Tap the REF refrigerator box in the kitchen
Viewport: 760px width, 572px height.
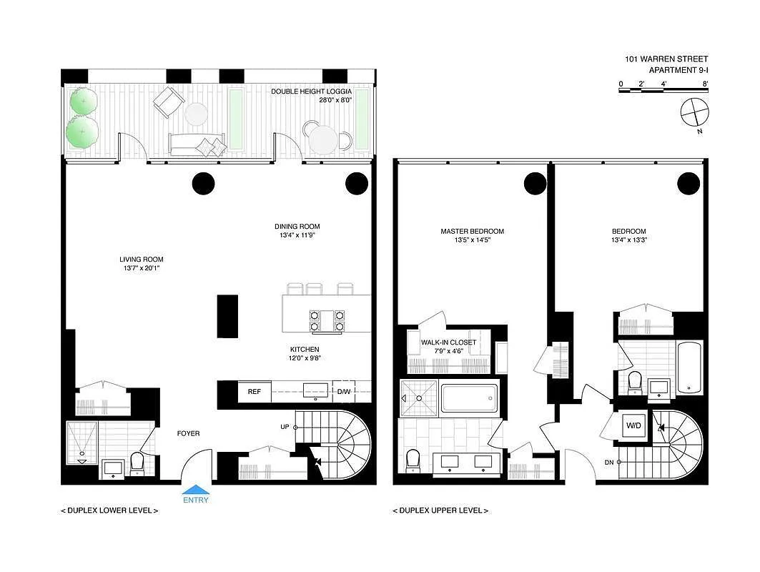pos(255,392)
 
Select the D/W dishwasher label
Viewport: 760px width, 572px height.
pos(344,392)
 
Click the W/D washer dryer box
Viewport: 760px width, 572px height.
pos(633,425)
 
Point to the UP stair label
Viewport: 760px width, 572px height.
pos(285,427)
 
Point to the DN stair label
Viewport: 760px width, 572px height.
pos(609,463)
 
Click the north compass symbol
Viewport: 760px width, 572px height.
pos(694,114)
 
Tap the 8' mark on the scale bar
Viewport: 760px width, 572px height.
pos(705,84)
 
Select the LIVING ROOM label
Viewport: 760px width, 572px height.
pos(142,260)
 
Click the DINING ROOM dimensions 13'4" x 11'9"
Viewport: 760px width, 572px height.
pos(297,235)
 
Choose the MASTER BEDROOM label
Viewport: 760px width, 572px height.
pos(472,231)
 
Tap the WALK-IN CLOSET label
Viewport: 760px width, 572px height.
pos(448,342)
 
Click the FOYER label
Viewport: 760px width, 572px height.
pos(188,433)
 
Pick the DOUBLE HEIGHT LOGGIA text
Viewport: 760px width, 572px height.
pos(311,91)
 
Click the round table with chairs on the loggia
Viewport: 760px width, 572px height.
pos(324,139)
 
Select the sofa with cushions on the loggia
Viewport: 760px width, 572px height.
pos(197,144)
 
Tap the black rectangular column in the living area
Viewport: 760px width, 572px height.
pos(227,316)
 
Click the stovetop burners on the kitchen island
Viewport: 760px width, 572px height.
pos(327,321)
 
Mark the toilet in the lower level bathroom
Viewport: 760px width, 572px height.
pos(137,463)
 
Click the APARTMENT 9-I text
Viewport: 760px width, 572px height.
pos(678,70)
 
